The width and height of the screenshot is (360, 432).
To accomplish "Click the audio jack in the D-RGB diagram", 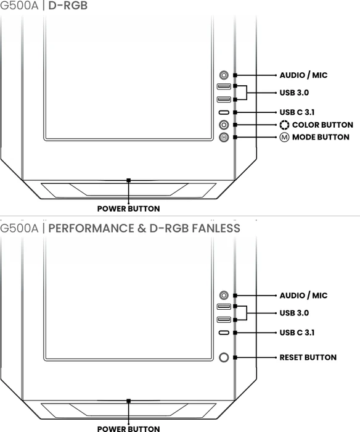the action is [224, 75].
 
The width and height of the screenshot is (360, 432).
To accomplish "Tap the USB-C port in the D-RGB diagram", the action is [224, 112].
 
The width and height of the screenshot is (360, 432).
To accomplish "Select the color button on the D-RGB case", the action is [224, 125].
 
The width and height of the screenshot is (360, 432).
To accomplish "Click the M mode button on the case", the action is [224, 137].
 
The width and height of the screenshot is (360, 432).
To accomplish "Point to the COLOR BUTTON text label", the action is [322, 125].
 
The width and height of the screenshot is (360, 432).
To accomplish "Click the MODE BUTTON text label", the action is [321, 137].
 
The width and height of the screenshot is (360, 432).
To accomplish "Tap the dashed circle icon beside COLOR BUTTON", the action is [284, 125].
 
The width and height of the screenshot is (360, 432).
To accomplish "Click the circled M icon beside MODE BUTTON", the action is [284, 137].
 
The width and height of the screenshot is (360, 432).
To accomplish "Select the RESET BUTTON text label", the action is [308, 357].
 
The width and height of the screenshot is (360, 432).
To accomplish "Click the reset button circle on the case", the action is [224, 357].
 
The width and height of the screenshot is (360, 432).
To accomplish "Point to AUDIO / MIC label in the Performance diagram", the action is [303, 296].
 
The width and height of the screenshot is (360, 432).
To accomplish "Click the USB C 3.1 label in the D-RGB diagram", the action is [297, 112].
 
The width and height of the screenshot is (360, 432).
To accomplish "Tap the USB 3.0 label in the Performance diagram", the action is [294, 313].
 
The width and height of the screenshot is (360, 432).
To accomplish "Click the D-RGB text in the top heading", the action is [68, 6].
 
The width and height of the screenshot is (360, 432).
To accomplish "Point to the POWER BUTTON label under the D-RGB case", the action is [129, 209].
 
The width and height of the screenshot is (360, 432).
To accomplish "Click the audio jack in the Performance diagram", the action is [224, 295].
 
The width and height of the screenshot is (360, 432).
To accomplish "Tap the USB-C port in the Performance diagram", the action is [224, 333].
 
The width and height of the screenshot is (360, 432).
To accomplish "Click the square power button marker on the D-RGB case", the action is [129, 180].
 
